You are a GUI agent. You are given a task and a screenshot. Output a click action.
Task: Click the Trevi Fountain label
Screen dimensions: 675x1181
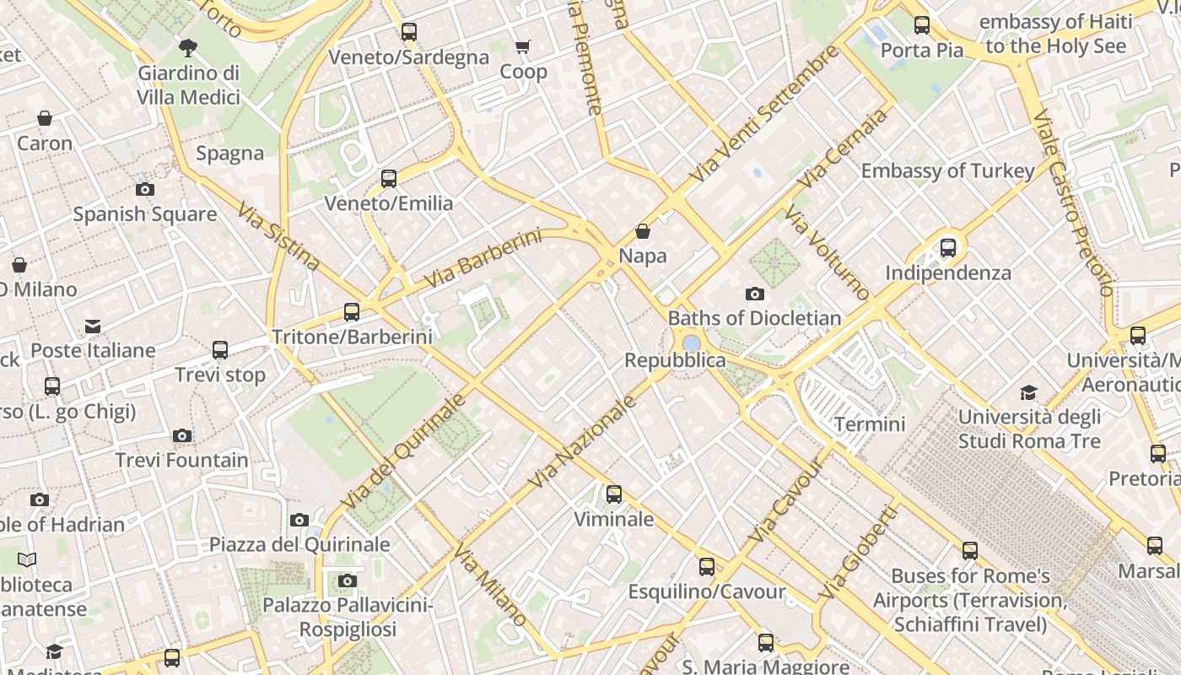point(182,461)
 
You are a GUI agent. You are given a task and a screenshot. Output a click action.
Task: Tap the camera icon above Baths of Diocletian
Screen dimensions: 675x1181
point(755,294)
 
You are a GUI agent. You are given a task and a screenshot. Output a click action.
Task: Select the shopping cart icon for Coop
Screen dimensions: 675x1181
point(523,47)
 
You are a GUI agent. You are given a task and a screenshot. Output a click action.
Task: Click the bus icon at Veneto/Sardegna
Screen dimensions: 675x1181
point(409,32)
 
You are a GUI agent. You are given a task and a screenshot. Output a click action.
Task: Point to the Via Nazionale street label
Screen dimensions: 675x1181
point(582,443)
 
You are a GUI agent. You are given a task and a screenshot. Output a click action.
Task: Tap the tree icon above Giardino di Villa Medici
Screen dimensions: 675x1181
point(187,47)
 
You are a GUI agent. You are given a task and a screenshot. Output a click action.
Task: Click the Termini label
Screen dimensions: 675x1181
point(870,424)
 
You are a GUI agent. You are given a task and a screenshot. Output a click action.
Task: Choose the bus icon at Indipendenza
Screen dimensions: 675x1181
point(948,248)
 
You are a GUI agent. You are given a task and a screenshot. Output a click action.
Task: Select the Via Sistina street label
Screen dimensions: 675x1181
point(278,237)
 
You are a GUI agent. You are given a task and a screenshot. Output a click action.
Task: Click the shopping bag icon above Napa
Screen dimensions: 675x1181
point(643,231)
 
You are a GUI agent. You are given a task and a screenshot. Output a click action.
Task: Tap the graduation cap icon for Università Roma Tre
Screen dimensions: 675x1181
point(1028,392)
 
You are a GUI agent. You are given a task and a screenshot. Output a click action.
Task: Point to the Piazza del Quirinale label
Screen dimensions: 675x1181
point(299,544)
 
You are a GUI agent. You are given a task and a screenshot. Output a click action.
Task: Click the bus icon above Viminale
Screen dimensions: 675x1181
point(614,494)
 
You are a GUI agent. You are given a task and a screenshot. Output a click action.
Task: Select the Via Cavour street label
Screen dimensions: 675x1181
point(785,501)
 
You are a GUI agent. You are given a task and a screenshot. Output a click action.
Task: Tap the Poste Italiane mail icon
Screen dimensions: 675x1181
point(93,327)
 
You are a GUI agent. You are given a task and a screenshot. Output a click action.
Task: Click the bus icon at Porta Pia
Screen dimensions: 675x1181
point(922,25)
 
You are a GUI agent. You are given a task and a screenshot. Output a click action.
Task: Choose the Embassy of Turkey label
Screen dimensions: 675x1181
point(947,171)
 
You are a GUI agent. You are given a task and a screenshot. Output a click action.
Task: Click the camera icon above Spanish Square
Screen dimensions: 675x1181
point(145,189)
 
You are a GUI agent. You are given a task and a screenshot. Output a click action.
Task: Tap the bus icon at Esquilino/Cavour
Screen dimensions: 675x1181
point(707,567)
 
